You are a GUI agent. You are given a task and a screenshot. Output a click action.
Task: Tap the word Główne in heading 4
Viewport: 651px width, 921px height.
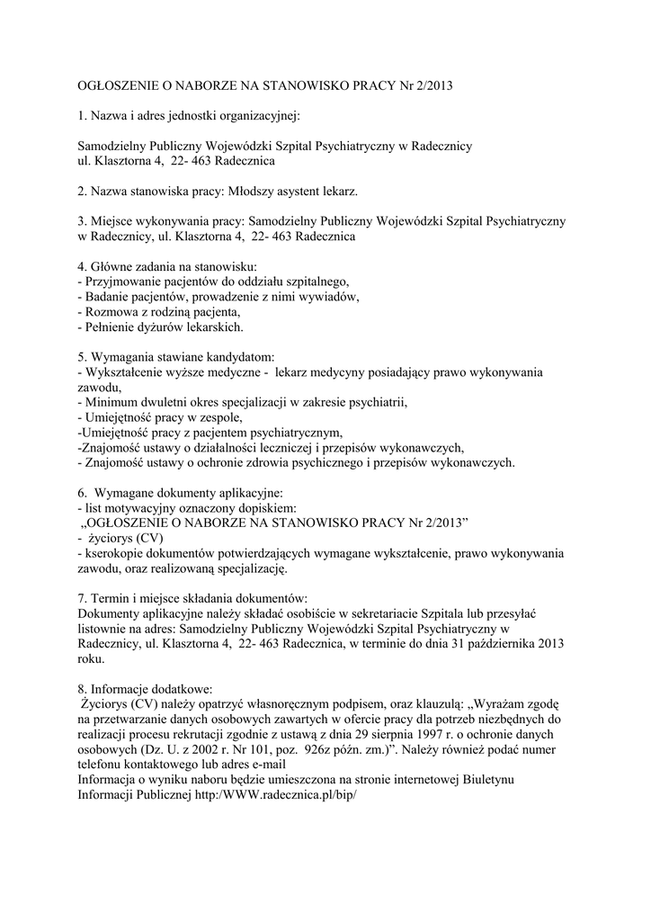[x=111, y=266]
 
